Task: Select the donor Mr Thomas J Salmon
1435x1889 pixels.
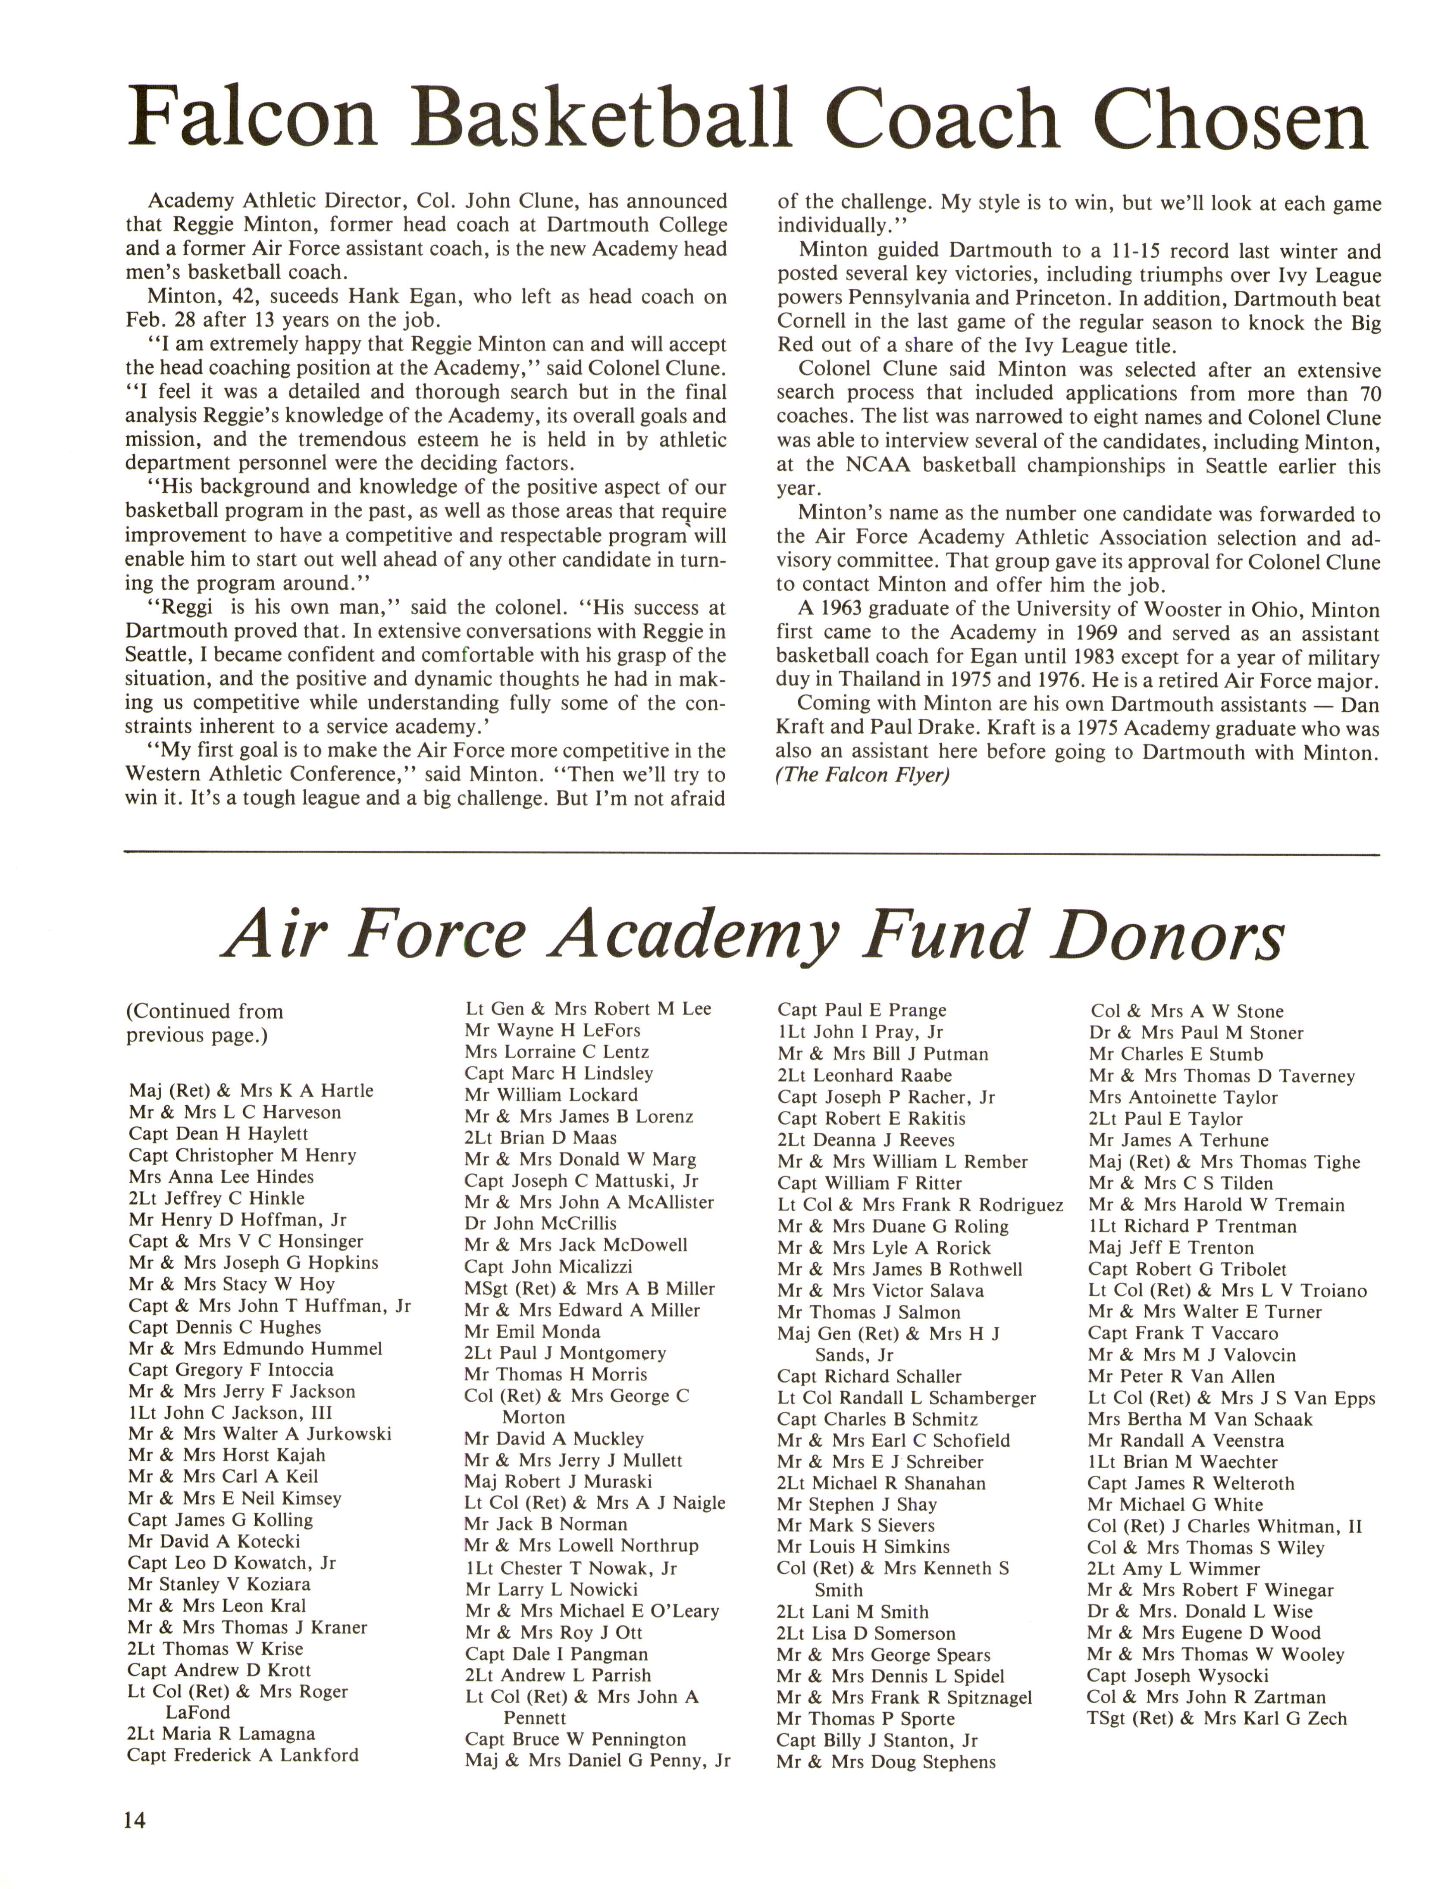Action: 869,1313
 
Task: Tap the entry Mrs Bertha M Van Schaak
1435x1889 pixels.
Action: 1200,1419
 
